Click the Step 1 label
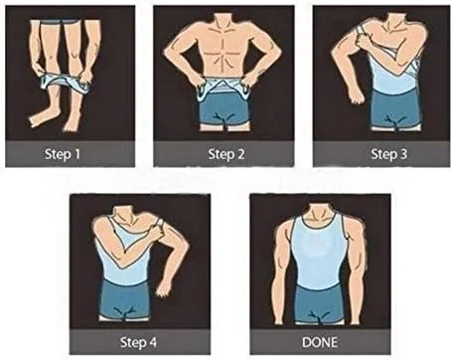63,154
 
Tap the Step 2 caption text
226,154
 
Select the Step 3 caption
388,154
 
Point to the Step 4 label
138,342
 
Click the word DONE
320,342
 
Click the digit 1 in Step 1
76,154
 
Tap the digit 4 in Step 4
153,342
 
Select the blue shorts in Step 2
225,107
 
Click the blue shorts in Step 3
395,108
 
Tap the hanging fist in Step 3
357,95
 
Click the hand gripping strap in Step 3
365,41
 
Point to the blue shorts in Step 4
124,298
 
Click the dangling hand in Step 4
164,288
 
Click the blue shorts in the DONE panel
318,302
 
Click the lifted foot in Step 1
38,118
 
